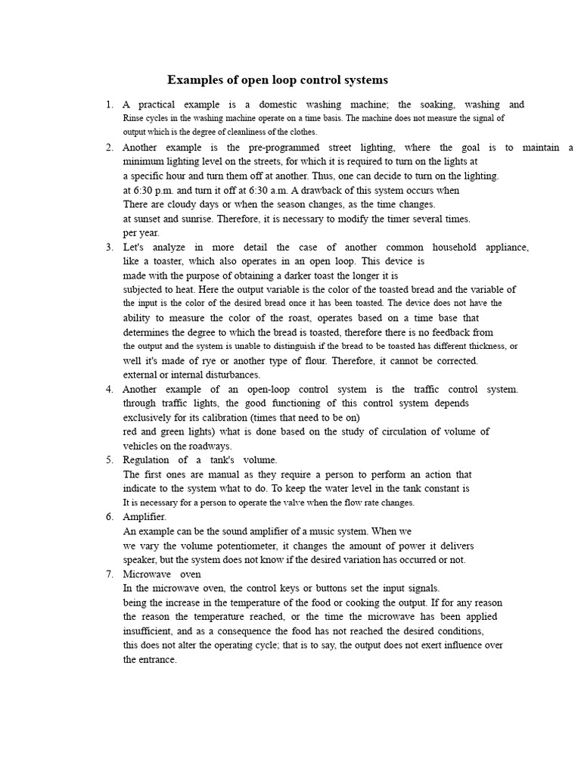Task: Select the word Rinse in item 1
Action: pyautogui.click(x=135, y=118)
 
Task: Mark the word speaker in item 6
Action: pyautogui.click(x=141, y=559)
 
